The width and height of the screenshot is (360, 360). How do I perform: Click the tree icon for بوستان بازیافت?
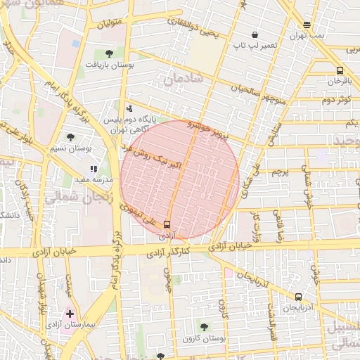pos(108,53)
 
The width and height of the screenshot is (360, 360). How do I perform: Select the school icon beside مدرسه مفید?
pos(94,169)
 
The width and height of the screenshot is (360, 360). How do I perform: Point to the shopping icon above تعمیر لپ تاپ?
pos(254,34)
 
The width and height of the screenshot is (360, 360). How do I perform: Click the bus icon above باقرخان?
pos(340,70)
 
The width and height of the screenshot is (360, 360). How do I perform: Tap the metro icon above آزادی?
pos(167,225)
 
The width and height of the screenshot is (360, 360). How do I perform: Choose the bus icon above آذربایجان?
pos(299,297)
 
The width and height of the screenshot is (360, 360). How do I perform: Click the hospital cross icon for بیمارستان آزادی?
pos(70,313)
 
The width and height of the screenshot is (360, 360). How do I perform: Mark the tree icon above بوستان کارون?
pos(204,327)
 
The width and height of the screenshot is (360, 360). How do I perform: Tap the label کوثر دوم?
pos(336,99)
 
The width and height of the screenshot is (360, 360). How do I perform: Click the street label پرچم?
pos(280,172)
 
